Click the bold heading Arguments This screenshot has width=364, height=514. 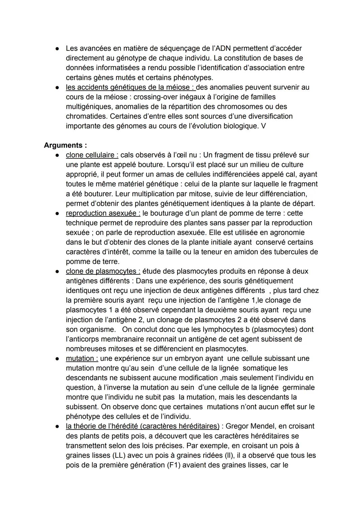(x=65, y=145)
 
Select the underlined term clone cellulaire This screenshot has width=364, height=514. (x=92, y=155)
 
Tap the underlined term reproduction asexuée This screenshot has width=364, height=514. (x=103, y=213)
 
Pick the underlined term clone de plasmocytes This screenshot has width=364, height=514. (x=103, y=271)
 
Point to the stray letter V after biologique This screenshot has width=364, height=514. (x=263, y=126)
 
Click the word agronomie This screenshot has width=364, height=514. (x=285, y=233)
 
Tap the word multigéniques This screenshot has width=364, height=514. (x=89, y=107)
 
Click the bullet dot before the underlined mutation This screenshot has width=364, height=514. (x=58, y=359)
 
